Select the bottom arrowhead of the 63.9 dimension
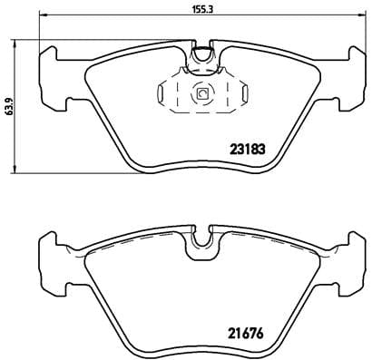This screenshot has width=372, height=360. pos(19,171)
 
